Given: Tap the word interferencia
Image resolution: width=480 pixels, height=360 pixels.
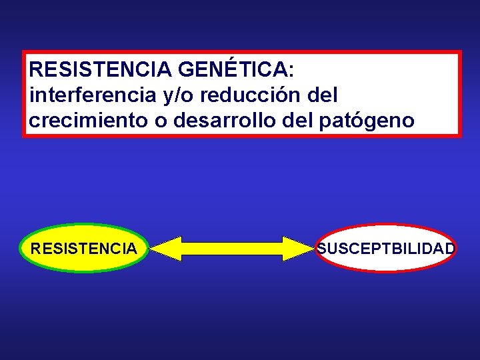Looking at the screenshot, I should pyautogui.click(x=93, y=95).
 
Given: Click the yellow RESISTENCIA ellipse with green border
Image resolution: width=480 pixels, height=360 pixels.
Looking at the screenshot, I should pyautogui.click(x=84, y=248).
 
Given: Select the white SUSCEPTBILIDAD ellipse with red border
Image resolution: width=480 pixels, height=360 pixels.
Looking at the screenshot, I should pyautogui.click(x=386, y=248).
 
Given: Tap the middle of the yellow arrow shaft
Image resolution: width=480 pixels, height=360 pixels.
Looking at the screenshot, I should pyautogui.click(x=231, y=248).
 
